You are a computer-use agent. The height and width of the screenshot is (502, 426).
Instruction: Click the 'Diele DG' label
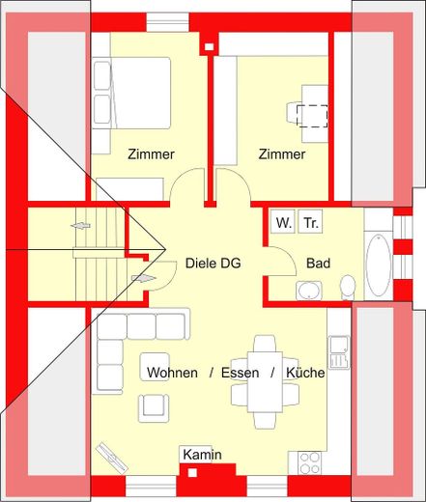click(213, 264)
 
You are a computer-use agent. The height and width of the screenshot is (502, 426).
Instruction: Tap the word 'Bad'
click(318, 264)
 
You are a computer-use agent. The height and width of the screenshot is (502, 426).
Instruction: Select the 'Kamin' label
click(202, 455)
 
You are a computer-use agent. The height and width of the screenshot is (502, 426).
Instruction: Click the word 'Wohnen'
click(172, 373)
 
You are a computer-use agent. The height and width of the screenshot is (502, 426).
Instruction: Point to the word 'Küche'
click(305, 373)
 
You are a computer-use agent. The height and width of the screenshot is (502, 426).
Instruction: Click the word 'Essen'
click(240, 373)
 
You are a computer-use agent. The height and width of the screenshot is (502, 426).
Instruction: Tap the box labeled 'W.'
click(283, 221)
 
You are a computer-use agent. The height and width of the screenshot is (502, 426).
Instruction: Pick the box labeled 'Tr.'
click(310, 221)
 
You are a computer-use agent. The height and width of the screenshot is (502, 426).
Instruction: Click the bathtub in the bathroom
click(379, 265)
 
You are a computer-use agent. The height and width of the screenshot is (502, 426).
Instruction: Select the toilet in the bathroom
click(348, 287)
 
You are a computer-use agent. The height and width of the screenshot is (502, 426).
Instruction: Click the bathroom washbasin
click(309, 291)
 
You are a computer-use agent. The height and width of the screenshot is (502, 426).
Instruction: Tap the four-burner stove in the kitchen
click(309, 463)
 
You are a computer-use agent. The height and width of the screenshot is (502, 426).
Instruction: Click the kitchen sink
click(339, 352)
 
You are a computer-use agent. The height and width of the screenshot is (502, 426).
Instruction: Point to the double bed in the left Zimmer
click(131, 93)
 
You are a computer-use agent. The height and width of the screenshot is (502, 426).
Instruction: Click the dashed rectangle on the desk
click(312, 116)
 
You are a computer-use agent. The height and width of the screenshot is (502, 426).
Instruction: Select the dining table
click(265, 382)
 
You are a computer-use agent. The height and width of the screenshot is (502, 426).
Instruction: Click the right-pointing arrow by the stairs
click(144, 278)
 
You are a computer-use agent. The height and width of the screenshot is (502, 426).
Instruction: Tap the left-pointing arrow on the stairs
click(80, 226)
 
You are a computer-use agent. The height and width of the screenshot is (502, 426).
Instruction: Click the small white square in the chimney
click(192, 473)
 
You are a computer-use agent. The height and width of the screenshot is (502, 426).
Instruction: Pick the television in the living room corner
click(112, 458)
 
